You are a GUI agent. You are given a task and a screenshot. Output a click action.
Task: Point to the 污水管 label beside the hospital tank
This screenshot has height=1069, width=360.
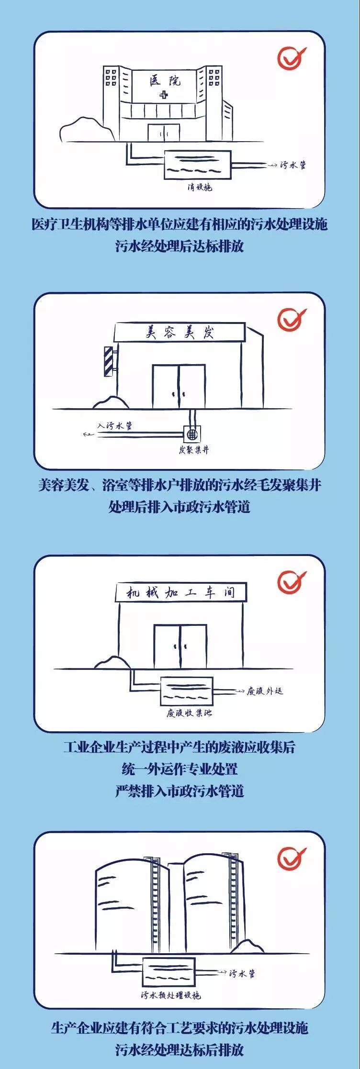pyautogui.click(x=293, y=165)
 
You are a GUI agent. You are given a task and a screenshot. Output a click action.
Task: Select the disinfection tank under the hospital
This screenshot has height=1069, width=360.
pyautogui.click(x=197, y=165)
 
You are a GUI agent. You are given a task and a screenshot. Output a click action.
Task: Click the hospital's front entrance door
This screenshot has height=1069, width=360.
pyautogui.click(x=164, y=133)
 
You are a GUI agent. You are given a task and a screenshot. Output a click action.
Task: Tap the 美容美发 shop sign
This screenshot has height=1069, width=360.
pyautogui.click(x=180, y=332)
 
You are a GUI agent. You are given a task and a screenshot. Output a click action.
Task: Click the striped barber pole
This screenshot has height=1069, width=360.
pyautogui.click(x=109, y=361)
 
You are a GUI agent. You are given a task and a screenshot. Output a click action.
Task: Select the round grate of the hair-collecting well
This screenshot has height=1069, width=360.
pyautogui.click(x=193, y=434)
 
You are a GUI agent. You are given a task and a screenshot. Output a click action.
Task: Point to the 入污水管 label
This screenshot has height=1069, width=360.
pyautogui.click(x=115, y=425)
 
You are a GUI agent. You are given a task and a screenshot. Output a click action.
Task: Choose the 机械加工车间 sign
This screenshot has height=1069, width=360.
pyautogui.click(x=181, y=592)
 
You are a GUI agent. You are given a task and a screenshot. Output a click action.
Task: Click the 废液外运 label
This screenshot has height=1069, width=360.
pyautogui.click(x=265, y=691)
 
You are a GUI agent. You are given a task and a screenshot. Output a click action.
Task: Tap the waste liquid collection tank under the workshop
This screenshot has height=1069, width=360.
pyautogui.click(x=187, y=691)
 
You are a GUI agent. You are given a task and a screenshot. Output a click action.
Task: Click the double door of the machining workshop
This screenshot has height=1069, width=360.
pyautogui.click(x=180, y=646)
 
